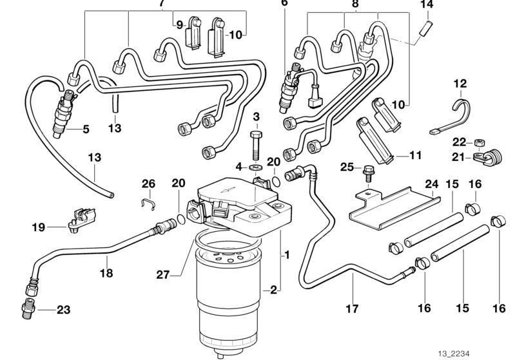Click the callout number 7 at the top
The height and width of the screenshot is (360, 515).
pos(161,3)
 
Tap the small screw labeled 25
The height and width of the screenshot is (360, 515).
pos(370,170)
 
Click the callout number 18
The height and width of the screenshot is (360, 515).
pos(107,273)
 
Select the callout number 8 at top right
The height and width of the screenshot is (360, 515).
pos(353,3)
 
